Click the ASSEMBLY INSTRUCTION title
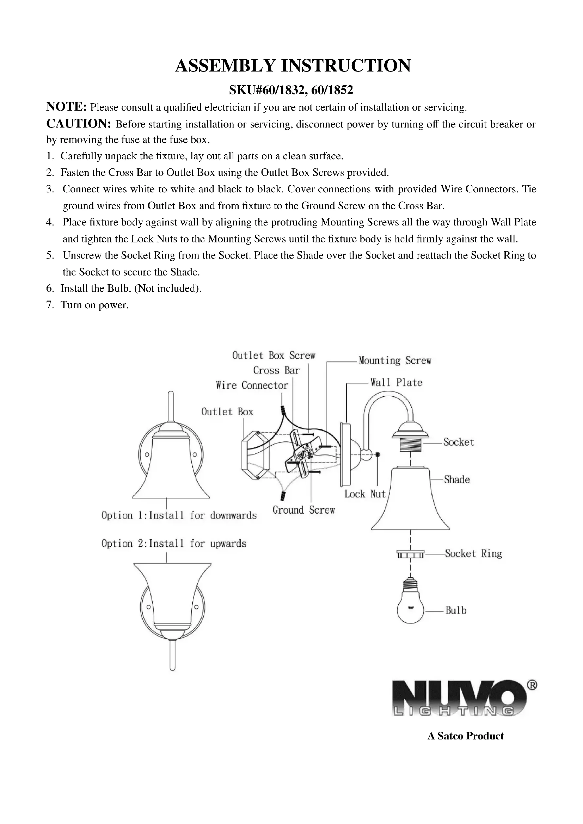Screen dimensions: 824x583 [x=293, y=66]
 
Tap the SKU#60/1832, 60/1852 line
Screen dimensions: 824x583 [x=291, y=90]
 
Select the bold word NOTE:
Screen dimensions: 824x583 [x=66, y=107]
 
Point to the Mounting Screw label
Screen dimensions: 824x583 [x=395, y=360]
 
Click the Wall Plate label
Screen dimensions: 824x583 [x=396, y=383]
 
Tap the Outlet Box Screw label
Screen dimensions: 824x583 [x=274, y=356]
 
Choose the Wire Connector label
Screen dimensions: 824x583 [x=252, y=385]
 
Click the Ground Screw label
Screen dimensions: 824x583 [x=303, y=510]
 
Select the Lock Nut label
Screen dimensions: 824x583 [x=365, y=494]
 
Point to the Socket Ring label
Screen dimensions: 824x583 [x=473, y=553]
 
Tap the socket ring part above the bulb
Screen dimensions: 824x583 [x=410, y=555]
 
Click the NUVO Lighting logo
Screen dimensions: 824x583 [x=460, y=698]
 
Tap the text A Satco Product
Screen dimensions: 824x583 [x=465, y=736]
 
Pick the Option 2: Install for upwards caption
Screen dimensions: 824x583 [x=174, y=544]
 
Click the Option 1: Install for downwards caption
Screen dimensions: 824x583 [x=179, y=516]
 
